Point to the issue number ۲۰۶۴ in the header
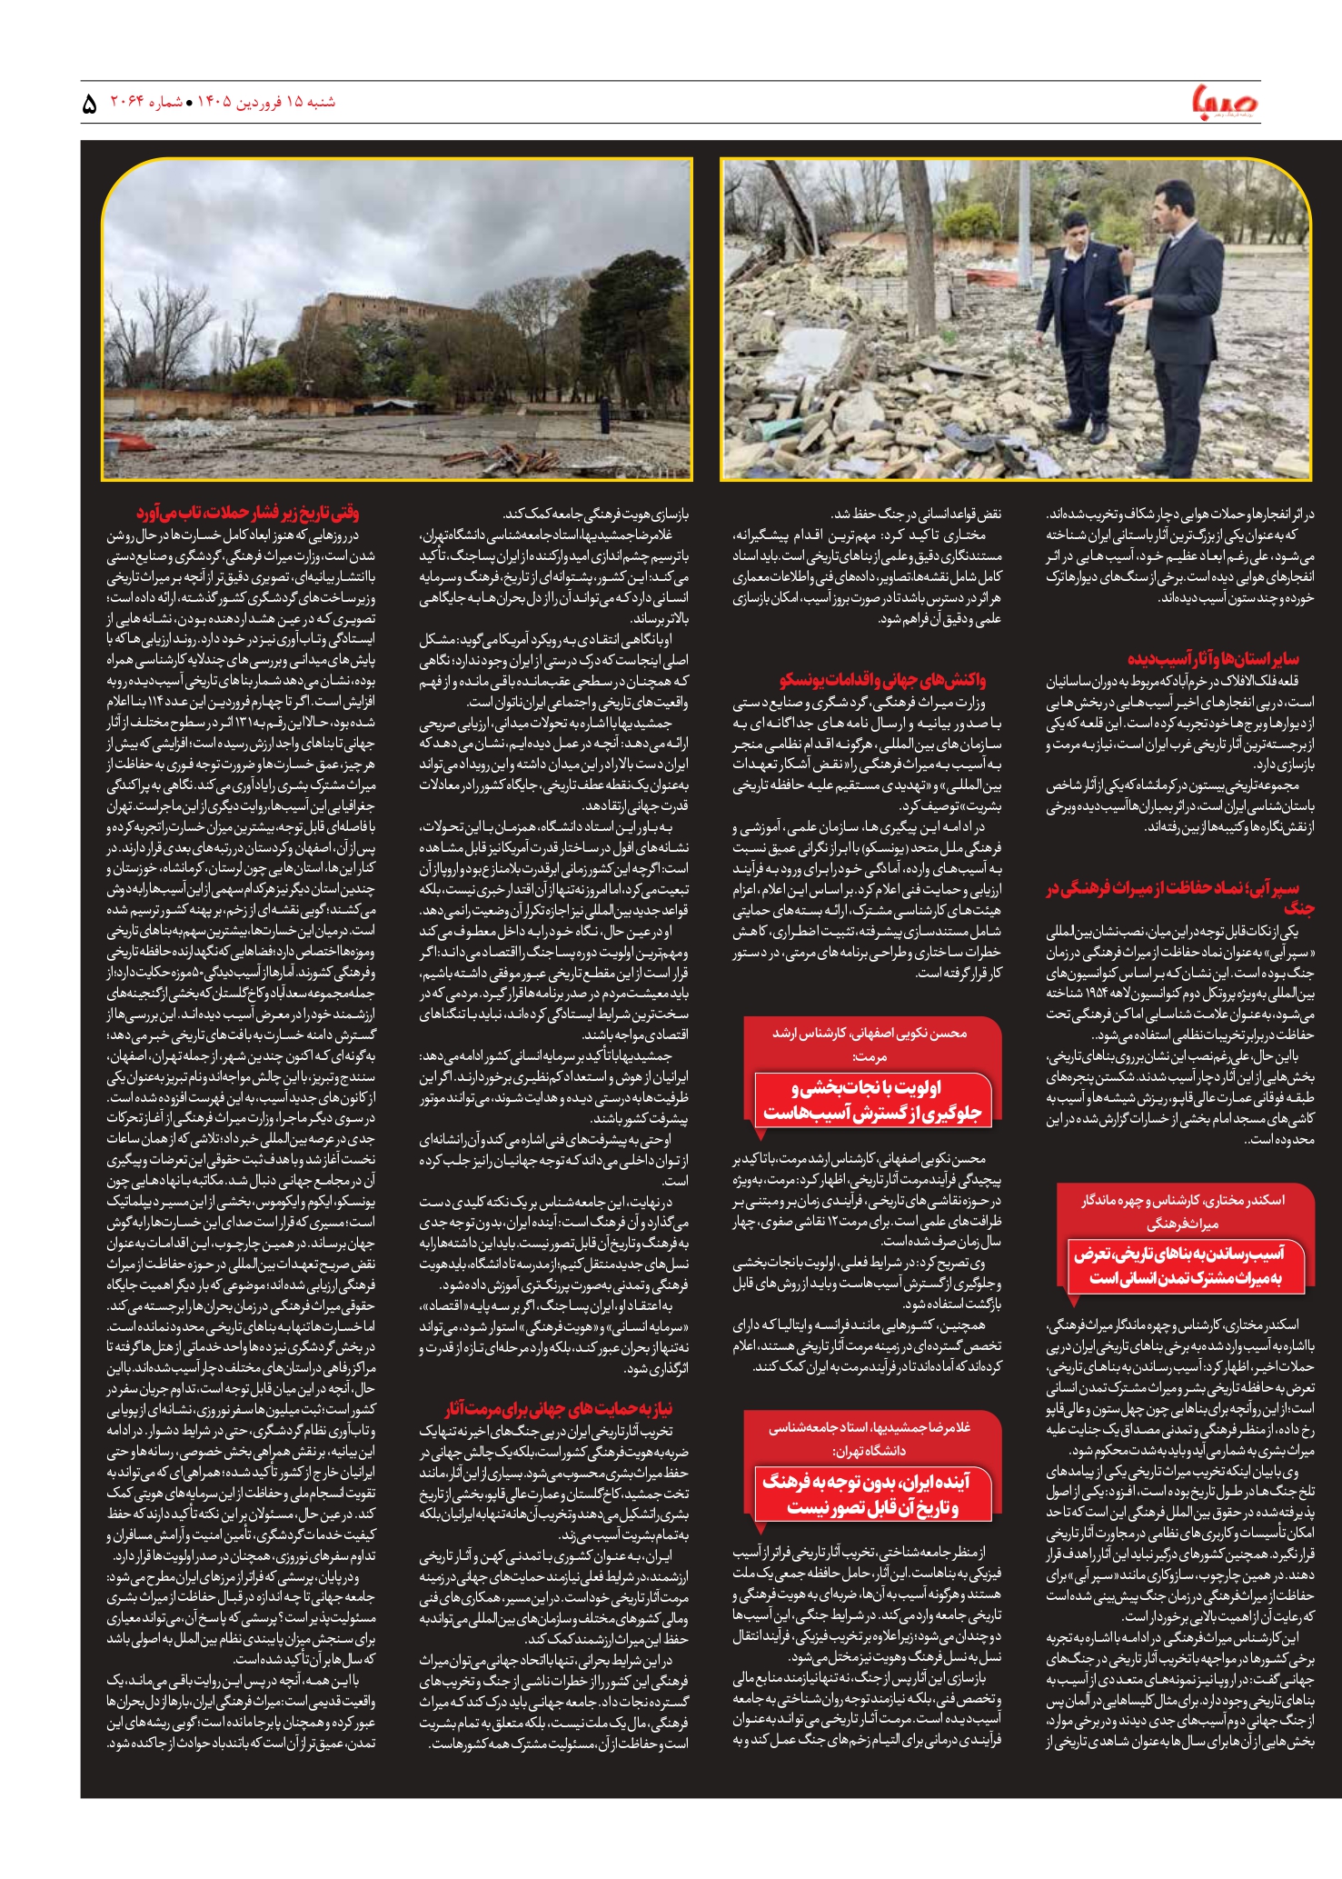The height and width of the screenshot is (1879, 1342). point(128,102)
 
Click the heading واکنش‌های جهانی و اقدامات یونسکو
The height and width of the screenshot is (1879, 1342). point(881,680)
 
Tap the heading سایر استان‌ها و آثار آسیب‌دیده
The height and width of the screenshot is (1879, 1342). point(1213,658)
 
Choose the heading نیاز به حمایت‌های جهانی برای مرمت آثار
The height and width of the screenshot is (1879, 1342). point(559,1409)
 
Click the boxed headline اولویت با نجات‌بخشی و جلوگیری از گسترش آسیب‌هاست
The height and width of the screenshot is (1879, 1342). point(872,1101)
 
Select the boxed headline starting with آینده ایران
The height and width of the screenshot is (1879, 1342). point(872,1494)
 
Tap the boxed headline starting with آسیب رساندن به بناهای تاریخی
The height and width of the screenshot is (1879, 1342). point(1187,1266)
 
